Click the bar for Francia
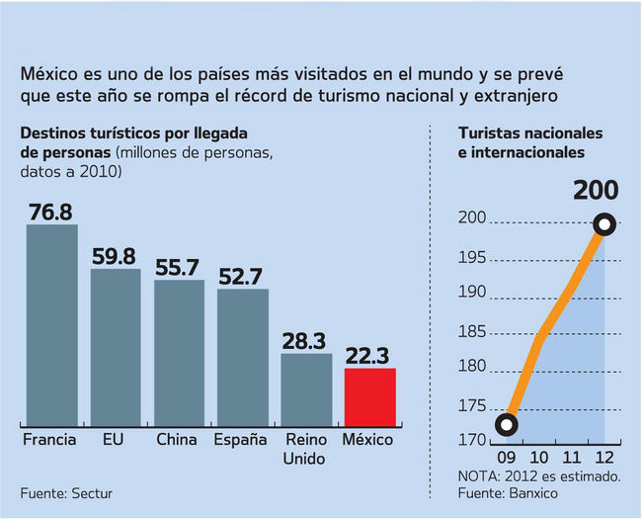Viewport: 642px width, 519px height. (51, 325)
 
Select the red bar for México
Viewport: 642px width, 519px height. (369, 396)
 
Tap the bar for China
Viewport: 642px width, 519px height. (179, 353)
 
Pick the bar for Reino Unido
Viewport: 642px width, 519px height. (306, 389)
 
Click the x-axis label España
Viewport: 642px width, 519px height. (242, 439)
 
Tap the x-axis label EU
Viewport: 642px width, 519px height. (116, 439)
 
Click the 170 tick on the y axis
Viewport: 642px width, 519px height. (472, 441)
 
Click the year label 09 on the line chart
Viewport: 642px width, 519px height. (507, 458)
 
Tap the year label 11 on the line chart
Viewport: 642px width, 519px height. (572, 458)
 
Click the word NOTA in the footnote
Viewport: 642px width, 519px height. (480, 476)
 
